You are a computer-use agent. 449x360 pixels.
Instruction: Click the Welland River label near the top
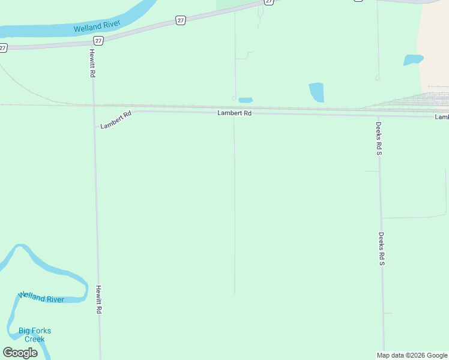coord(97,26)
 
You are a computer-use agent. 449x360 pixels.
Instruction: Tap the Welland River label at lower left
coord(41,297)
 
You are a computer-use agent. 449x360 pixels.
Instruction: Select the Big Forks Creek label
coord(35,335)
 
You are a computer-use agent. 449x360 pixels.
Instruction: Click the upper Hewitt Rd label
coord(93,63)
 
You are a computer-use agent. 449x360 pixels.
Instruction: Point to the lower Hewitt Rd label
coord(98,299)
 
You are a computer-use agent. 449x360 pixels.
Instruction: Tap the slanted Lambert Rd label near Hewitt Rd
coord(116,120)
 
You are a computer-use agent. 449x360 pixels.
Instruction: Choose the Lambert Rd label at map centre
coord(234,113)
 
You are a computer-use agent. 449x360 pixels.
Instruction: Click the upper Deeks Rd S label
coord(379,139)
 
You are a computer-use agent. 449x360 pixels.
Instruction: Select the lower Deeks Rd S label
coord(381,249)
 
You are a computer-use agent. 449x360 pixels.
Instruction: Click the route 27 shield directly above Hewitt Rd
coord(98,40)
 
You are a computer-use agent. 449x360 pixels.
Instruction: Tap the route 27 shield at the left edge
coord(3,48)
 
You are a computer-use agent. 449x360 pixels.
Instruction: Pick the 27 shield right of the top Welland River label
coord(181,20)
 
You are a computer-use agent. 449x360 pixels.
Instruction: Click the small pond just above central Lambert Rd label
coord(246,100)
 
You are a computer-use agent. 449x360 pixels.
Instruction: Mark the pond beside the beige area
coord(413,59)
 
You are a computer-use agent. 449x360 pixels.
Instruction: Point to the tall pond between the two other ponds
coord(316,92)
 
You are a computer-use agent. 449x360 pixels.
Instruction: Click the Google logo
coord(20,353)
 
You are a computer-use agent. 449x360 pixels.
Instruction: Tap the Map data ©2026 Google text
coord(412,355)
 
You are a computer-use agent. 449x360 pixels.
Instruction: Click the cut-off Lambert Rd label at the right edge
coord(442,117)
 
